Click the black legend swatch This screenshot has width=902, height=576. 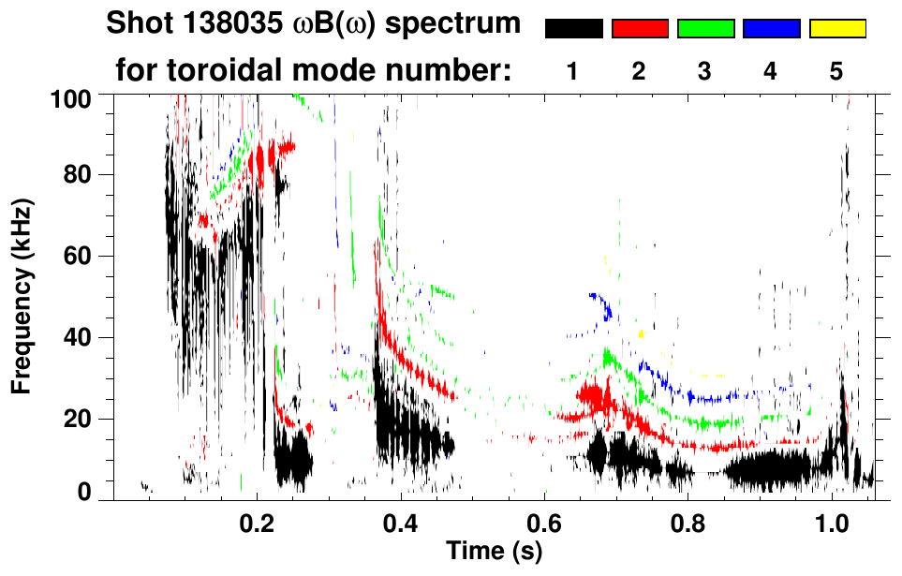point(573,29)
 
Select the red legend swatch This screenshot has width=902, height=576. point(640,29)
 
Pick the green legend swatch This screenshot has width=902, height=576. point(705,29)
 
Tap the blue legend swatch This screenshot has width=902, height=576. point(771,29)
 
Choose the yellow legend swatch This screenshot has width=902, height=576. point(837,29)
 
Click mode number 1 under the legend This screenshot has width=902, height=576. point(572,71)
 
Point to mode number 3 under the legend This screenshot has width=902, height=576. point(705,71)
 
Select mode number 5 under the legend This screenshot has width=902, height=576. point(836,71)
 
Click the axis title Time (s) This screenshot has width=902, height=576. point(494,551)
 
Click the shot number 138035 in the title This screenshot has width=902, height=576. point(222,23)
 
